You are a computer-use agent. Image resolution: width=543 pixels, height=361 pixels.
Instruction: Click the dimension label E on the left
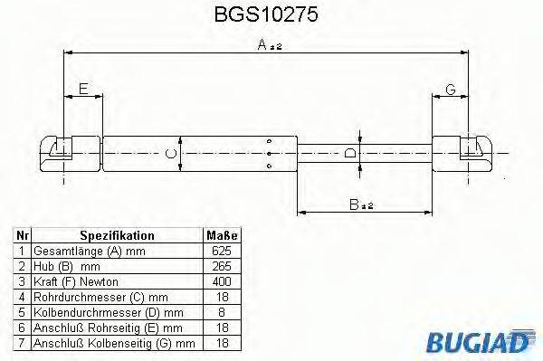pos(83,88)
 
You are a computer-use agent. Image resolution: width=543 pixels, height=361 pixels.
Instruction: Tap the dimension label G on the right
pos(450,88)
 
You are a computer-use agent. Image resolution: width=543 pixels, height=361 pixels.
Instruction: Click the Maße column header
pos(222,234)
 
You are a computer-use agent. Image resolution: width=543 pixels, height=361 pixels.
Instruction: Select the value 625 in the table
pos(222,251)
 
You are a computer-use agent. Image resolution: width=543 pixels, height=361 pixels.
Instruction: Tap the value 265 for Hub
pos(222,266)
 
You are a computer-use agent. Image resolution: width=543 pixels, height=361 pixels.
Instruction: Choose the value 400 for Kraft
pos(222,282)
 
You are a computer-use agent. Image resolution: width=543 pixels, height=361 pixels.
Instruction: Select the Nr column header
pos(21,234)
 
